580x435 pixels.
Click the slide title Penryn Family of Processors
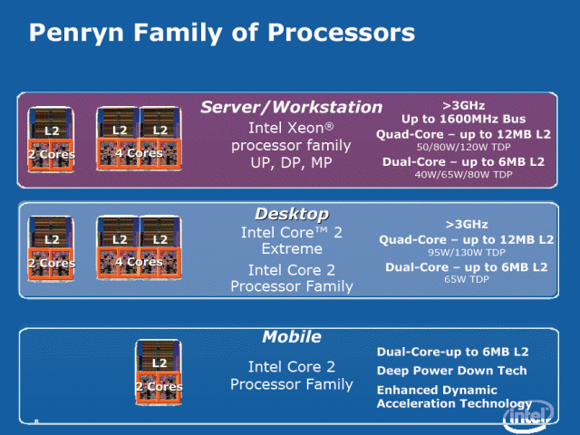222,34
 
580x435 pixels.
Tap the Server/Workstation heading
291,107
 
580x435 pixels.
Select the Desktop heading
291,214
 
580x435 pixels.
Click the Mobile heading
291,337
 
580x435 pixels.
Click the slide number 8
35,420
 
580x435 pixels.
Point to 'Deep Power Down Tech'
451,370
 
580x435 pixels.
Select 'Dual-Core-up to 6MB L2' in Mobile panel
452,351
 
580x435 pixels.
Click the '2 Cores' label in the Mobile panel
159,386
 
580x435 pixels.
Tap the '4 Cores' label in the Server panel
138,153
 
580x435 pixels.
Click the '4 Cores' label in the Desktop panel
138,262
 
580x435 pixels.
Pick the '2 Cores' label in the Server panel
51,154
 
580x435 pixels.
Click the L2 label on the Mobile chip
159,362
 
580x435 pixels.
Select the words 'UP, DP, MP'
291,163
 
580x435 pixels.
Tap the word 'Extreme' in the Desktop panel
291,247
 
